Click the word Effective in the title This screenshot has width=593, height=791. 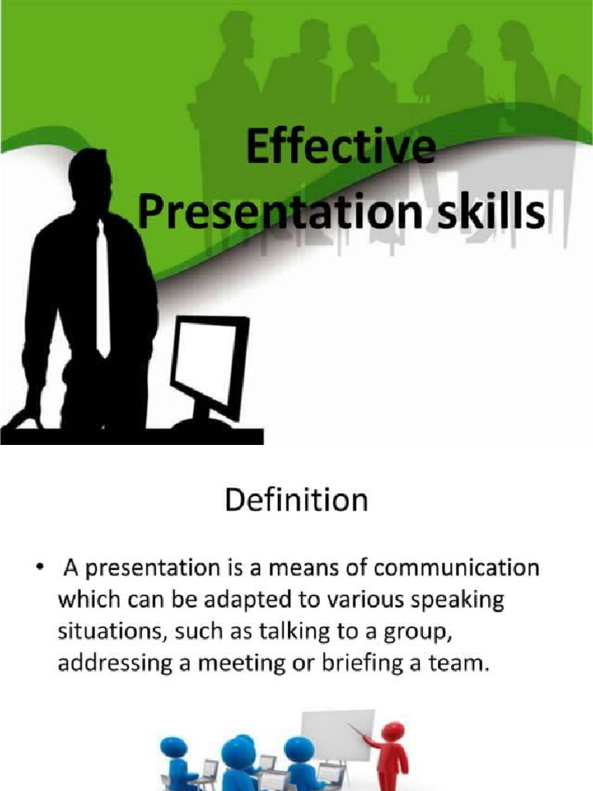tap(340, 150)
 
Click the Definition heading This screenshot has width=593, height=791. tap(296, 501)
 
